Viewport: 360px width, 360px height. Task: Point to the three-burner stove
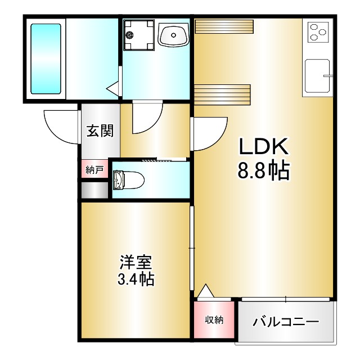click(318, 32)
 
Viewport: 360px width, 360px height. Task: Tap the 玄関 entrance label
click(100, 130)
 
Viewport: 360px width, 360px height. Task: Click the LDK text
click(264, 147)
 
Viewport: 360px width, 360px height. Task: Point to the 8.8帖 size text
click(264, 170)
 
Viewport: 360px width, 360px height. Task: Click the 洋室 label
click(136, 262)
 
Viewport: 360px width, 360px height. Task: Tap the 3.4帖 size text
click(136, 279)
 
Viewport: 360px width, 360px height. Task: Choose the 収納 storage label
click(214, 320)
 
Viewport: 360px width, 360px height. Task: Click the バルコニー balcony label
click(286, 322)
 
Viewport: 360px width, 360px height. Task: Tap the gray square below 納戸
click(94, 190)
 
